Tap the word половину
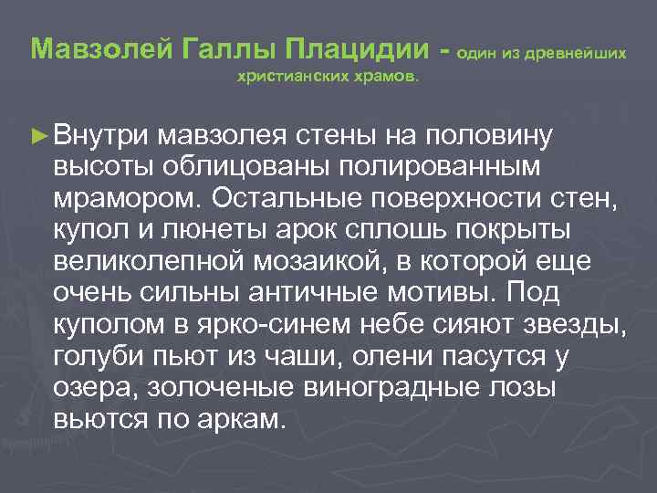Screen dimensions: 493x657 click(489, 137)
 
